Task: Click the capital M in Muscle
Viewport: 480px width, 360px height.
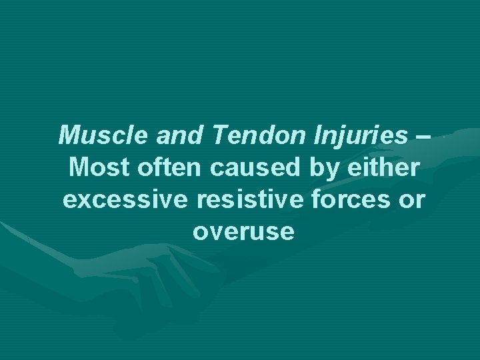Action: pos(69,136)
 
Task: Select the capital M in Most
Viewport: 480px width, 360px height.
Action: pos(77,168)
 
